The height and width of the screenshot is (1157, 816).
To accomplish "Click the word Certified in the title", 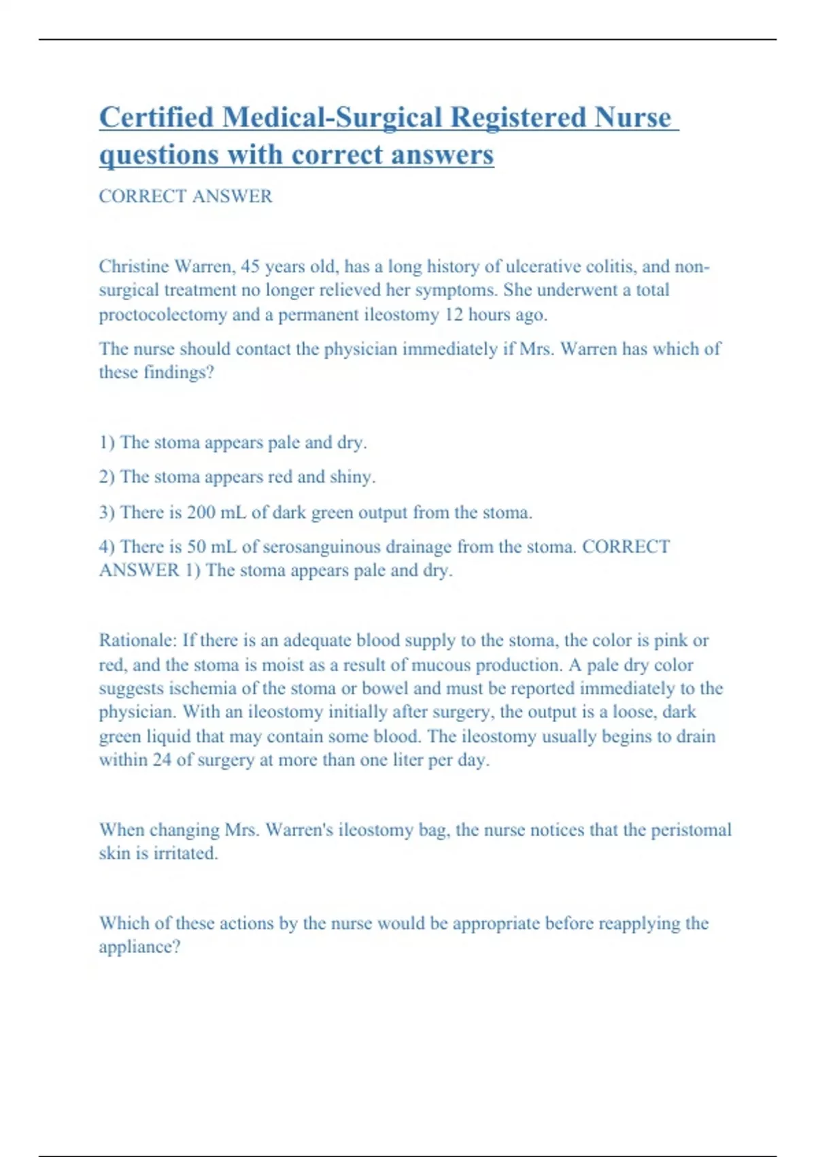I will pyautogui.click(x=156, y=117).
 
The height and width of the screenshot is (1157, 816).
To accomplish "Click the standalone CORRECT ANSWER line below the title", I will pyautogui.click(x=186, y=196).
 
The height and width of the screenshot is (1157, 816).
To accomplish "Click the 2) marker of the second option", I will pyautogui.click(x=107, y=476).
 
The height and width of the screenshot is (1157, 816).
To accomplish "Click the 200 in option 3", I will pyautogui.click(x=201, y=512).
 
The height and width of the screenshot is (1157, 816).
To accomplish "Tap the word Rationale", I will pyautogui.click(x=138, y=640).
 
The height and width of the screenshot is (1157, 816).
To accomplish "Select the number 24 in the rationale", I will pyautogui.click(x=162, y=760).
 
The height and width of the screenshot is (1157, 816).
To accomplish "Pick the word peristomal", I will pyautogui.click(x=691, y=830).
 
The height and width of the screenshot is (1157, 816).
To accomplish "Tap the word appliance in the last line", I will pyautogui.click(x=139, y=947).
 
